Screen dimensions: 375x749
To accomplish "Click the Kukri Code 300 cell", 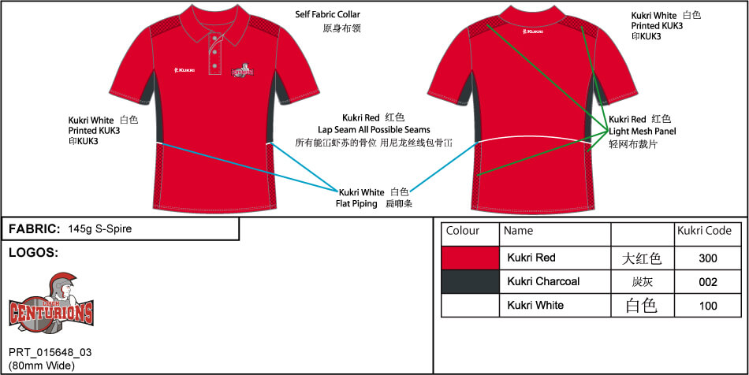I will [x=707, y=258].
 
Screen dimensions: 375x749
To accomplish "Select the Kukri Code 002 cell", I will [x=707, y=281].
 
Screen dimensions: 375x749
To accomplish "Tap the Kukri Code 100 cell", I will [x=707, y=305].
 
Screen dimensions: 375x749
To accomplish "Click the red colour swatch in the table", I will [x=471, y=258].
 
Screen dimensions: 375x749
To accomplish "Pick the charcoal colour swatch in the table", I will [x=471, y=281].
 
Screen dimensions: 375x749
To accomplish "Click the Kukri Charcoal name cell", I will [x=543, y=281].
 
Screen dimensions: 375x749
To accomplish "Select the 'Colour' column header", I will [x=463, y=231].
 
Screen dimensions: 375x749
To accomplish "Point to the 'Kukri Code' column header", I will [x=704, y=231].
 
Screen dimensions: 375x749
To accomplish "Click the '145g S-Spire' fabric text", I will [x=100, y=229].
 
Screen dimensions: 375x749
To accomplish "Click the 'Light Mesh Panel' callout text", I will [x=642, y=131].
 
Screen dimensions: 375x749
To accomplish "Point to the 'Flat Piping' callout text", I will [x=359, y=204].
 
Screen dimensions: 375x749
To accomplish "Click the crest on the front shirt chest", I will [x=242, y=71].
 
